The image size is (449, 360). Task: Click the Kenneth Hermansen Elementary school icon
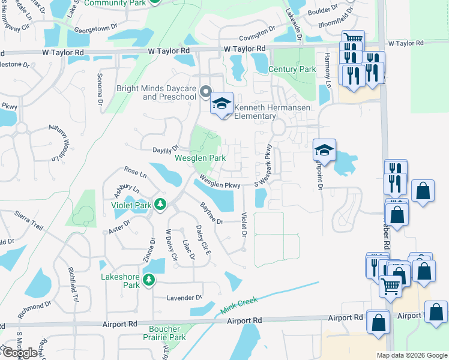221,103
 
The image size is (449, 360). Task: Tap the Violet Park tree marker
160,205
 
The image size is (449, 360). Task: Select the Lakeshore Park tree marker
149,280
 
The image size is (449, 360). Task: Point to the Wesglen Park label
200,158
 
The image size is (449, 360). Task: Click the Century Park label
292,70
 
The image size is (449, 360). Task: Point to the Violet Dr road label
244,224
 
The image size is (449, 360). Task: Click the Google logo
19,352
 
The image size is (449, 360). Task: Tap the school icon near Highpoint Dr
324,149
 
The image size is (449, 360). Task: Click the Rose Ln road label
135,173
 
